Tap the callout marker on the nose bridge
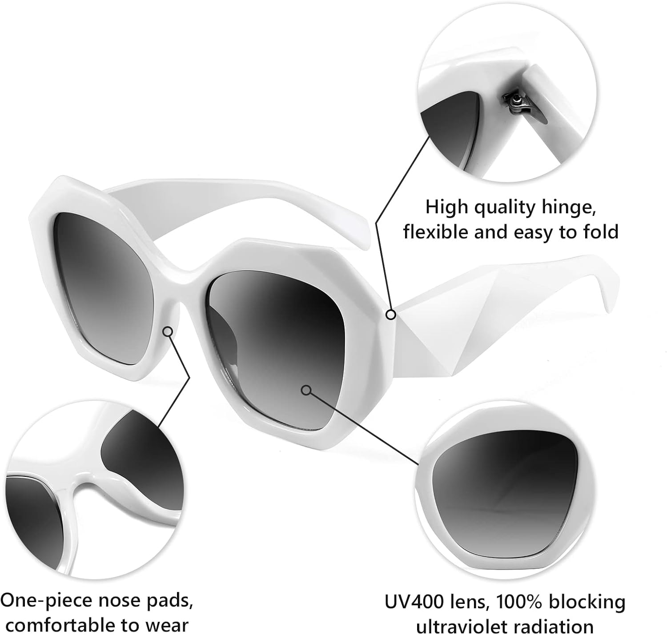tap(168, 331)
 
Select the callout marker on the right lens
tap(306, 390)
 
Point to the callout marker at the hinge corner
tap(391, 315)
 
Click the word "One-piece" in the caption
tap(47, 601)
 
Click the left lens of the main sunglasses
tap(104, 287)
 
